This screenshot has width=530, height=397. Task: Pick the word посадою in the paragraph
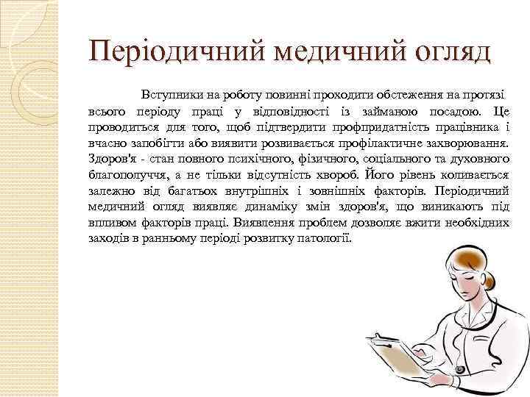point(449,111)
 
